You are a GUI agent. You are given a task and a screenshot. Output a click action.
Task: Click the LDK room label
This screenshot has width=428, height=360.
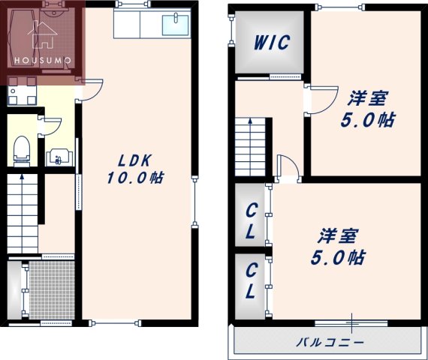point(135,160)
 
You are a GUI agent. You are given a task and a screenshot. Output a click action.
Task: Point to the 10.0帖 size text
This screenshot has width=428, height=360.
point(135,178)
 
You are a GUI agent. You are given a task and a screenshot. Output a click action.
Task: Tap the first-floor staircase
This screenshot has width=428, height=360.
point(22,214)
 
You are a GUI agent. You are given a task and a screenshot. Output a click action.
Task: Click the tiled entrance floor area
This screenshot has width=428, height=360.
point(52,289)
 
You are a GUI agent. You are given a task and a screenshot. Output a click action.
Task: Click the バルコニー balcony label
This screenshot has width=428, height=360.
point(330,342)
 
